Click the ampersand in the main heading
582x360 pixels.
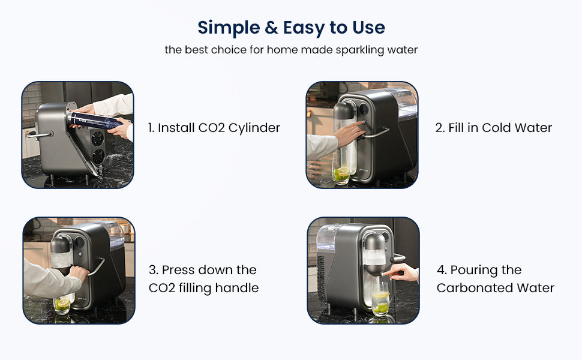(271, 28)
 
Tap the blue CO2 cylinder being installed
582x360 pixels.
(94, 119)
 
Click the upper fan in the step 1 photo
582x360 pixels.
(98, 139)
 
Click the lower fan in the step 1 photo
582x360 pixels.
(98, 156)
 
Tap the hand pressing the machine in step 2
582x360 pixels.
(349, 133)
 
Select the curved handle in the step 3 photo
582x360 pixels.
(97, 266)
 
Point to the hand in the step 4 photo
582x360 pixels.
(401, 272)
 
